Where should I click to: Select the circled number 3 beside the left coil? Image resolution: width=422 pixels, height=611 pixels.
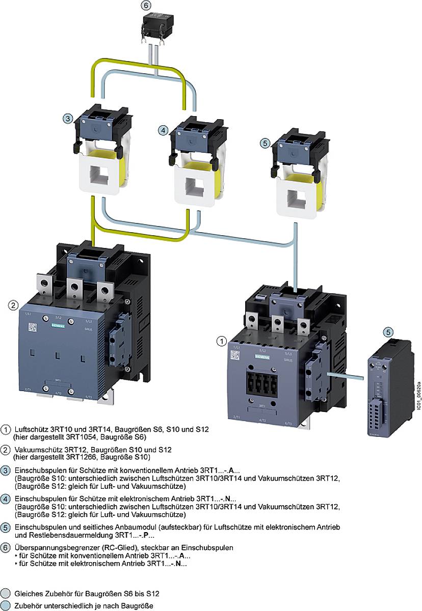coord(68,119)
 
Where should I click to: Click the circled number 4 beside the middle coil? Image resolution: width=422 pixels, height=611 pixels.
coord(163,130)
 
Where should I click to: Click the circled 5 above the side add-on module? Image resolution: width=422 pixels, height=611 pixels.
coord(388,332)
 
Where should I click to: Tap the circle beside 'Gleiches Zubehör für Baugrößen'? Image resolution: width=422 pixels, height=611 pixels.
coord(6,594)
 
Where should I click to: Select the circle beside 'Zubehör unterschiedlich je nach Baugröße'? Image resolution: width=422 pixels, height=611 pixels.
coord(6,606)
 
